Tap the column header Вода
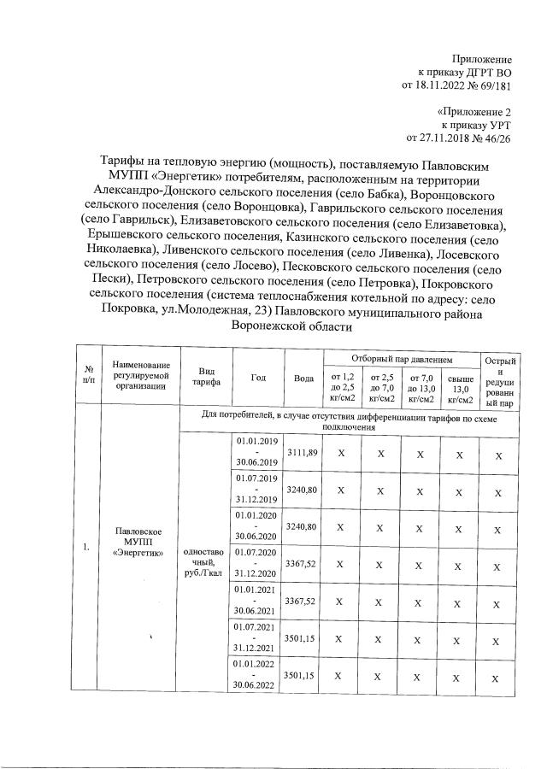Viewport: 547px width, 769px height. click(303, 377)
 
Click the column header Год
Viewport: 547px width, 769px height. click(258, 377)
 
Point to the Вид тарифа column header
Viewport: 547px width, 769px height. click(205, 377)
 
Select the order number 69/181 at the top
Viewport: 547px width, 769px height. click(493, 85)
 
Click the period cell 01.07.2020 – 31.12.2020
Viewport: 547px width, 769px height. click(258, 565)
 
